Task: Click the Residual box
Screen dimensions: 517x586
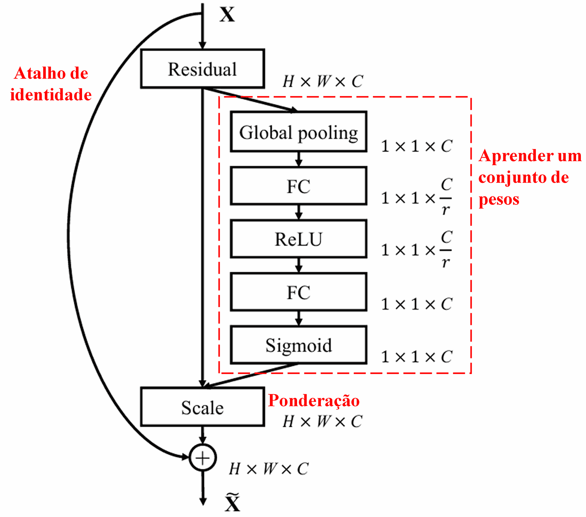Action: pos(203,69)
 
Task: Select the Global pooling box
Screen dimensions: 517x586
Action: pos(298,132)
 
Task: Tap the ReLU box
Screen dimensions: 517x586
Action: pos(298,239)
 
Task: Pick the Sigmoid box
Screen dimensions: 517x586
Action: pos(298,345)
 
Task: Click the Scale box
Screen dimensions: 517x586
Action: pos(203,407)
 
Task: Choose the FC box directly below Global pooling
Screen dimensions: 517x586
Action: pos(298,186)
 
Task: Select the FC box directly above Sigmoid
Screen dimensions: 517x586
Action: pos(298,292)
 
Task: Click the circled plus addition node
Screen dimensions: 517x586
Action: pos(203,458)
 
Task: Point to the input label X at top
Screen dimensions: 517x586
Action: pos(227,15)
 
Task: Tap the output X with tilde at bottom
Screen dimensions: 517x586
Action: pos(233,503)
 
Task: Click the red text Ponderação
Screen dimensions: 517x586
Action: pos(314,400)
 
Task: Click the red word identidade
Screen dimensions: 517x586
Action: pos(51,95)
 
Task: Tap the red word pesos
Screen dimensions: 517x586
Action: pos(499,199)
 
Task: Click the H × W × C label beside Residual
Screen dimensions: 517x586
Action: pos(322,81)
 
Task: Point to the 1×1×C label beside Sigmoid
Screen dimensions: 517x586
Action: pos(416,357)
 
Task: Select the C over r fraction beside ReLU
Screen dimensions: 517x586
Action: pos(446,250)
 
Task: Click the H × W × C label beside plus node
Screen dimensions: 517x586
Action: pos(268,469)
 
